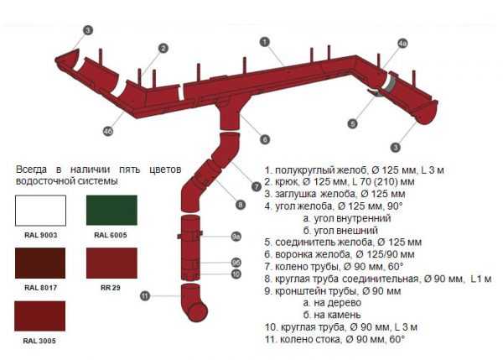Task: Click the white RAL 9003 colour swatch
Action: pyautogui.click(x=41, y=210)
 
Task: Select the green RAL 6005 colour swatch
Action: pyautogui.click(x=111, y=210)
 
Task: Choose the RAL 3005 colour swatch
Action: pyautogui.click(x=41, y=316)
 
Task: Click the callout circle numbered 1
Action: pyautogui.click(x=264, y=40)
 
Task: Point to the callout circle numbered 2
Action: pyautogui.click(x=163, y=48)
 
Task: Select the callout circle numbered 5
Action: pyautogui.click(x=353, y=123)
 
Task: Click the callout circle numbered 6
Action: pyautogui.click(x=265, y=139)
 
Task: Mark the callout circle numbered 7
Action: pyautogui.click(x=257, y=186)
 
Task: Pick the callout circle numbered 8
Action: pyautogui.click(x=241, y=204)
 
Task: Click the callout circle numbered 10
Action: pyautogui.click(x=236, y=274)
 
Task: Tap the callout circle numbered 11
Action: pyautogui.click(x=145, y=295)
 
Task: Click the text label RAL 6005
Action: pyautogui.click(x=111, y=235)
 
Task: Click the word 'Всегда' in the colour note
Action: pyautogui.click(x=33, y=170)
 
